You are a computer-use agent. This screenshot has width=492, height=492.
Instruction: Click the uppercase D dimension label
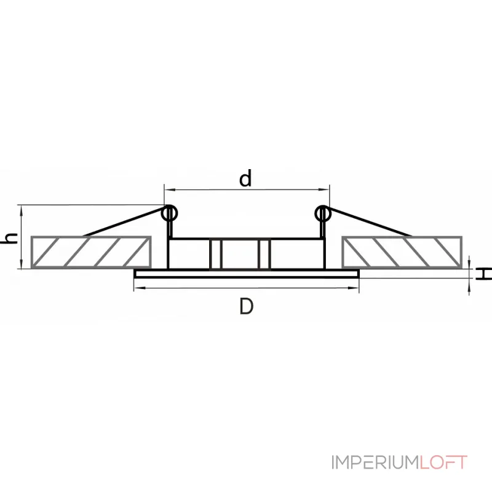click(x=246, y=306)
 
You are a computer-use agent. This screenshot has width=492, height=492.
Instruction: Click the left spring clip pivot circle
click(x=170, y=213)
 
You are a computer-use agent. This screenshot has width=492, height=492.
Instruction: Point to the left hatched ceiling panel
click(x=90, y=252)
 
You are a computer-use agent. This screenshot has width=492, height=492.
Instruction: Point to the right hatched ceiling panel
click(x=402, y=252)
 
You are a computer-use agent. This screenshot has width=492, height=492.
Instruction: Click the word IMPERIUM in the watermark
click(x=375, y=462)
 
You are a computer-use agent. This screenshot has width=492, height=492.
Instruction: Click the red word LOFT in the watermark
click(x=443, y=462)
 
